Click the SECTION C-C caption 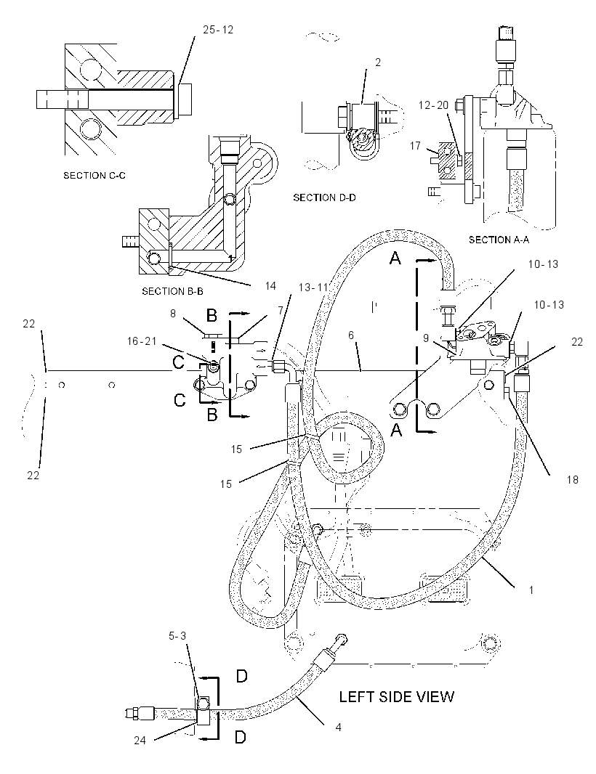tap(94, 175)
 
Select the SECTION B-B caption tap(172, 291)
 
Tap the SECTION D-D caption tap(325, 197)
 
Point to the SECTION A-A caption tap(499, 240)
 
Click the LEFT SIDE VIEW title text tap(396, 696)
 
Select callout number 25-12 tap(218, 30)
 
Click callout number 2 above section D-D tap(378, 62)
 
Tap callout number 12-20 tap(433, 105)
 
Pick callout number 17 tap(415, 146)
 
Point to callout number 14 tap(270, 286)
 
